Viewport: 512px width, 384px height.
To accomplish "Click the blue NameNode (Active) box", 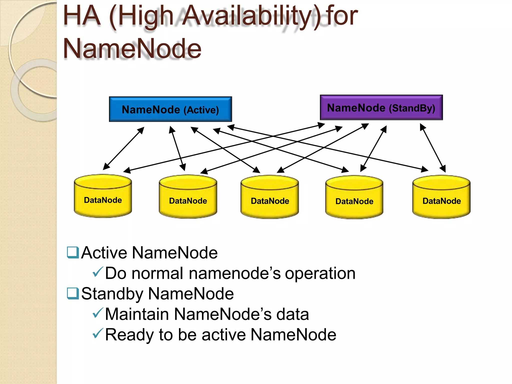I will tap(170, 109).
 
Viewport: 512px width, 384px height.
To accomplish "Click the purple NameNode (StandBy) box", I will tap(381, 107).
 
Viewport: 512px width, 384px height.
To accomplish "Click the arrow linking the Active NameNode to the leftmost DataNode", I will tap(124, 148).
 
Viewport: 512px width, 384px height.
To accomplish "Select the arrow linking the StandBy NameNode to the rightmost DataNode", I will tap(433, 148).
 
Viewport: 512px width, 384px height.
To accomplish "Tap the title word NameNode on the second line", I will tap(132, 49).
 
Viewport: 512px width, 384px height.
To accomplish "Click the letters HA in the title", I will tap(82, 16).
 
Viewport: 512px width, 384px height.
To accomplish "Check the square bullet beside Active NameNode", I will tap(73, 252).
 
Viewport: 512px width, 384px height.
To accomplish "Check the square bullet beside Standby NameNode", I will tap(73, 293).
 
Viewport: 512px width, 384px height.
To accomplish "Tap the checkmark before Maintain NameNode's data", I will tap(97, 313).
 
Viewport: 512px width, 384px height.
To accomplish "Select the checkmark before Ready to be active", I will tap(97, 333).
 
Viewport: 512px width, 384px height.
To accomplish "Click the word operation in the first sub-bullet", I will tap(320, 274).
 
